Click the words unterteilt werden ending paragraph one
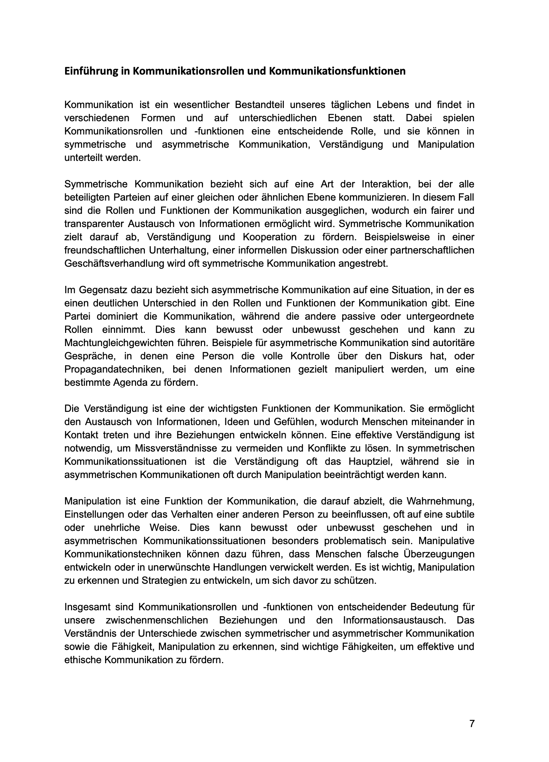(x=102, y=158)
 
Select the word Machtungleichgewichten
(x=119, y=343)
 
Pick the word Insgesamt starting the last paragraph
(x=87, y=607)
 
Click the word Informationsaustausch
(x=394, y=620)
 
